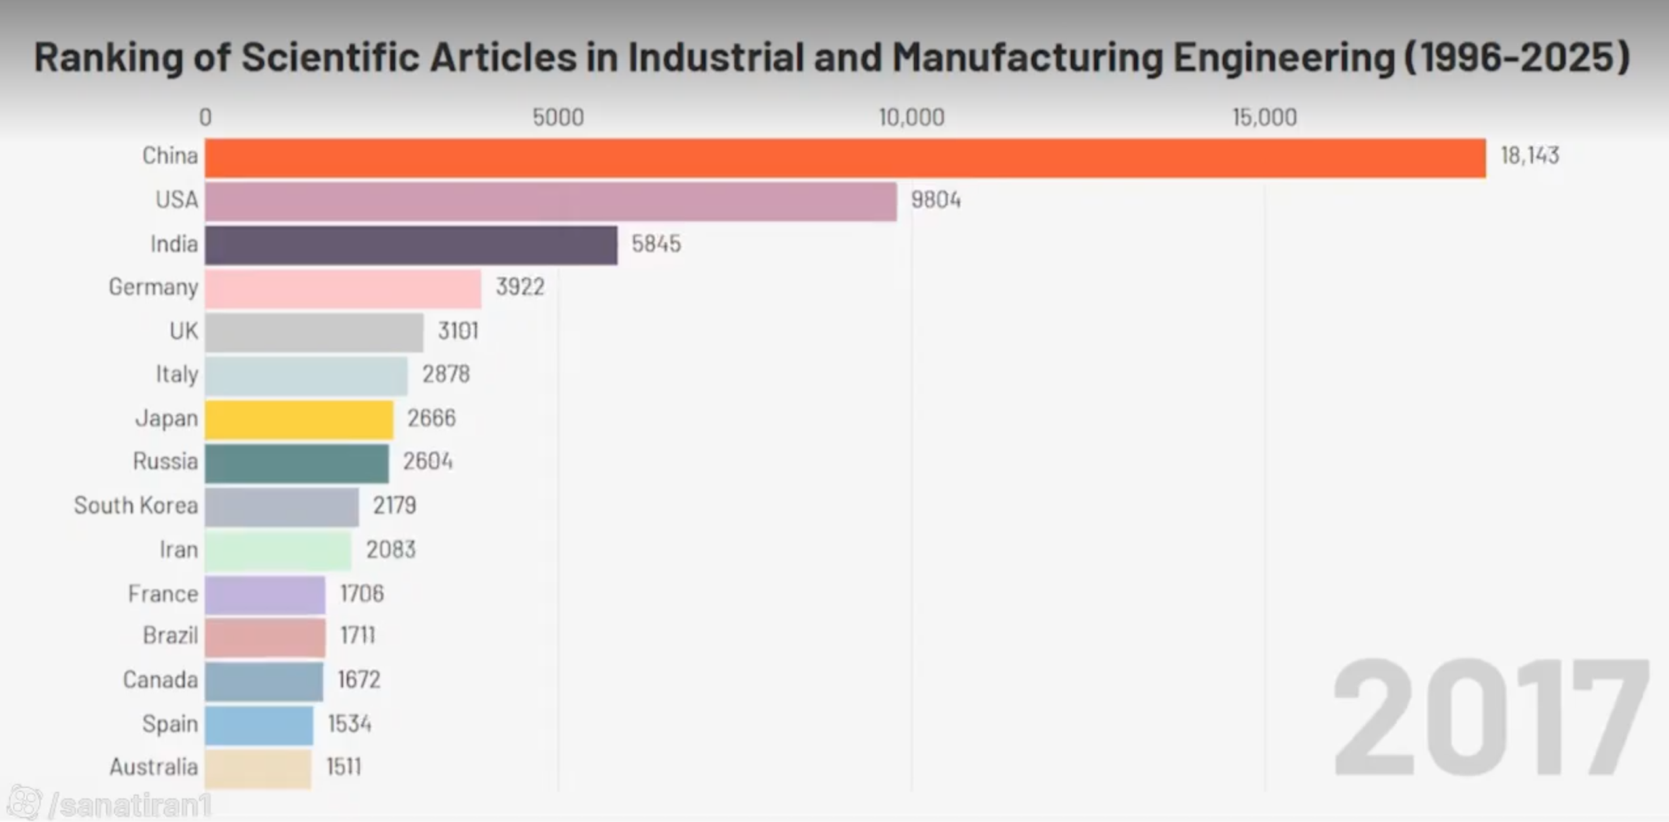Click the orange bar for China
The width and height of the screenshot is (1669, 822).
coord(845,158)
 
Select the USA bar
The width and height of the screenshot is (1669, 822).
coord(550,202)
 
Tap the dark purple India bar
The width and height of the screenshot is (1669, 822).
coord(411,245)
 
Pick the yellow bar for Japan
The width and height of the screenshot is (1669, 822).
coord(299,420)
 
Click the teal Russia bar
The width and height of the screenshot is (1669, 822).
coord(296,463)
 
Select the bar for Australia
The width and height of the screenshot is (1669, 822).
coord(258,769)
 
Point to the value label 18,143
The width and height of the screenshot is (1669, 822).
coord(1530,156)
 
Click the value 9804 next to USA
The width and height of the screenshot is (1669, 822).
coord(936,200)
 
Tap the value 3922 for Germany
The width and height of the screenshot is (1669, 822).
coord(520,287)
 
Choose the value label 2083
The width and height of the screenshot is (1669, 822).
coord(391,549)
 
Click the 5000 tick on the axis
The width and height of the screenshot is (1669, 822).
coord(558,117)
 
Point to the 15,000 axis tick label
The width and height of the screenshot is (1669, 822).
coord(1265,117)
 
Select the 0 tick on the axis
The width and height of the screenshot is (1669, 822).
coord(206,117)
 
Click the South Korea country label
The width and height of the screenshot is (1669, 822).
coord(135,505)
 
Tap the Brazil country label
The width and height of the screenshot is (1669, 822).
coord(170,635)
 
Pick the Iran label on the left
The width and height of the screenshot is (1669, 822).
coord(179,549)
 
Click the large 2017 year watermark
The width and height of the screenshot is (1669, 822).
coord(1490,717)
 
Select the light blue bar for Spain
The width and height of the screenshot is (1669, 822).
coord(259,725)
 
